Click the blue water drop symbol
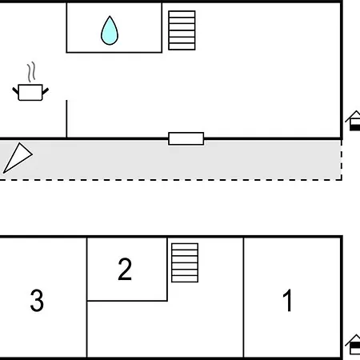(110, 30)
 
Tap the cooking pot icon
(30, 92)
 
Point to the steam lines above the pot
(31, 72)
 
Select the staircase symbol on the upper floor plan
(182, 30)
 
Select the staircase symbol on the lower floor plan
(185, 262)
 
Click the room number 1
(287, 301)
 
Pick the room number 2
(125, 269)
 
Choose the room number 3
(37, 301)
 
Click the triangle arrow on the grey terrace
(18, 158)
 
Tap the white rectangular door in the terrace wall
(186, 138)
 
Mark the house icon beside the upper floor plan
(353, 121)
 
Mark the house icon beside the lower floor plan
(353, 345)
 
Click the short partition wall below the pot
(66, 119)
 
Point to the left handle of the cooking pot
(15, 90)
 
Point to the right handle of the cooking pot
(46, 91)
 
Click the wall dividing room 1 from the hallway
(243, 298)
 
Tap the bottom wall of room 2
(127, 301)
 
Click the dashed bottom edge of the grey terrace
(170, 180)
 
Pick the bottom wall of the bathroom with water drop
(114, 52)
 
